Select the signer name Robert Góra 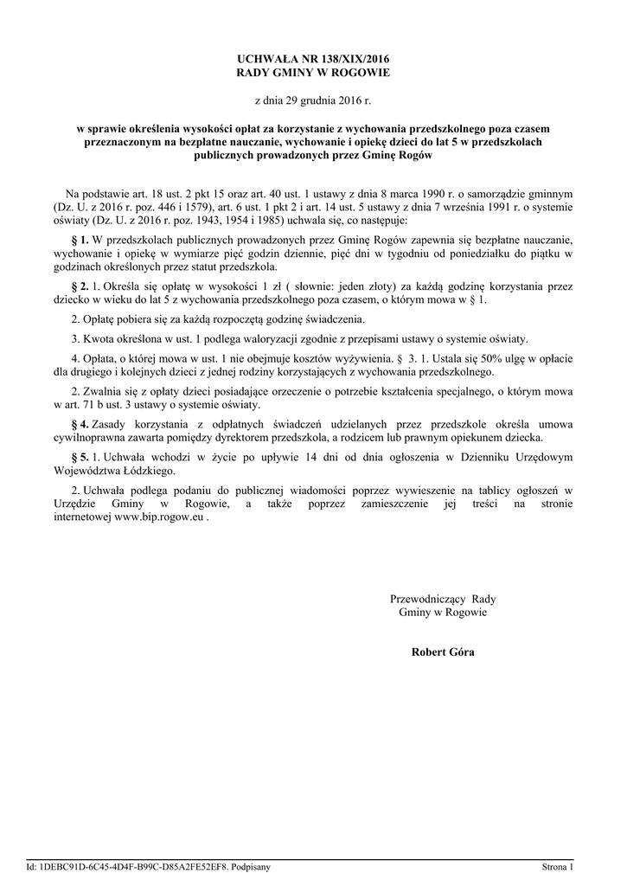pyautogui.click(x=443, y=652)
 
